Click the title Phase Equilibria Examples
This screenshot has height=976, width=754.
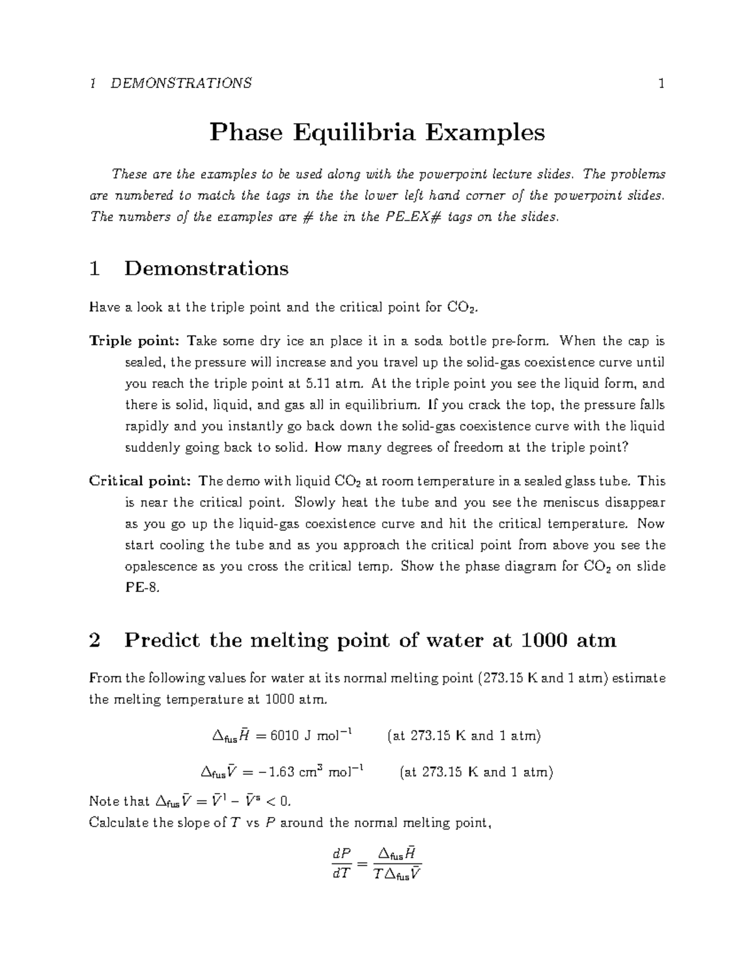click(377, 133)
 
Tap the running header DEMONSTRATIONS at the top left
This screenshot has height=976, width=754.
click(181, 83)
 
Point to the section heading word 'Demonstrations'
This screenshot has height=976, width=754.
click(206, 268)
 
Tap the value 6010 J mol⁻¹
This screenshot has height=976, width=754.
click(311, 736)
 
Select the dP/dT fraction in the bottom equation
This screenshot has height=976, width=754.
click(340, 864)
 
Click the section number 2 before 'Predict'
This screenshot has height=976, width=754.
click(95, 640)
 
